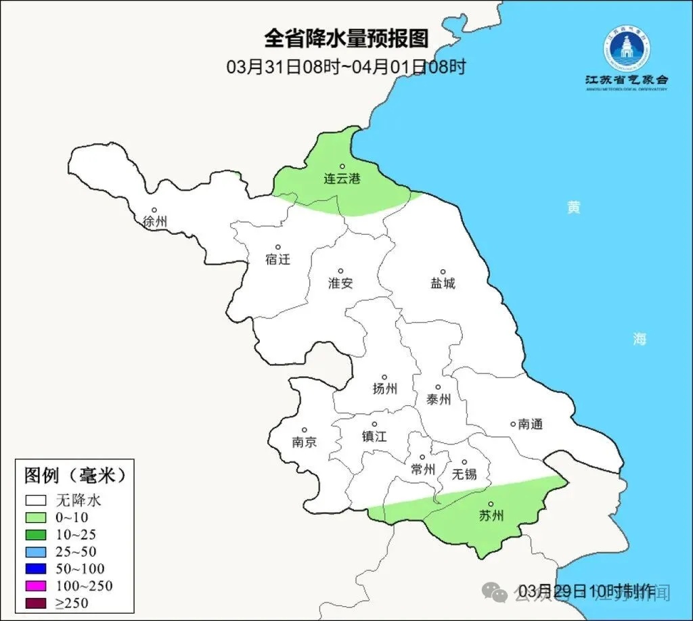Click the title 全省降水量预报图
346,38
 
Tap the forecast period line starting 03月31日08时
346,67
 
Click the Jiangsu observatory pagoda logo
627,49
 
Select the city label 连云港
342,179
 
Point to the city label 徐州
155,221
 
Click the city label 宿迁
277,259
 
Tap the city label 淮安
340,283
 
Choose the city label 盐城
443,283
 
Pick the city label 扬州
384,388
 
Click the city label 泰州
439,399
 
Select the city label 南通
531,425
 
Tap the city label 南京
304,442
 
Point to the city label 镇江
374,436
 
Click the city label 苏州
491,515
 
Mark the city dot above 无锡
464,462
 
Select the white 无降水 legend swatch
36,501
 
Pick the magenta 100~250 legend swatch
36,586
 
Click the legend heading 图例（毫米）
75,475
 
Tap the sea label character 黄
574,208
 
